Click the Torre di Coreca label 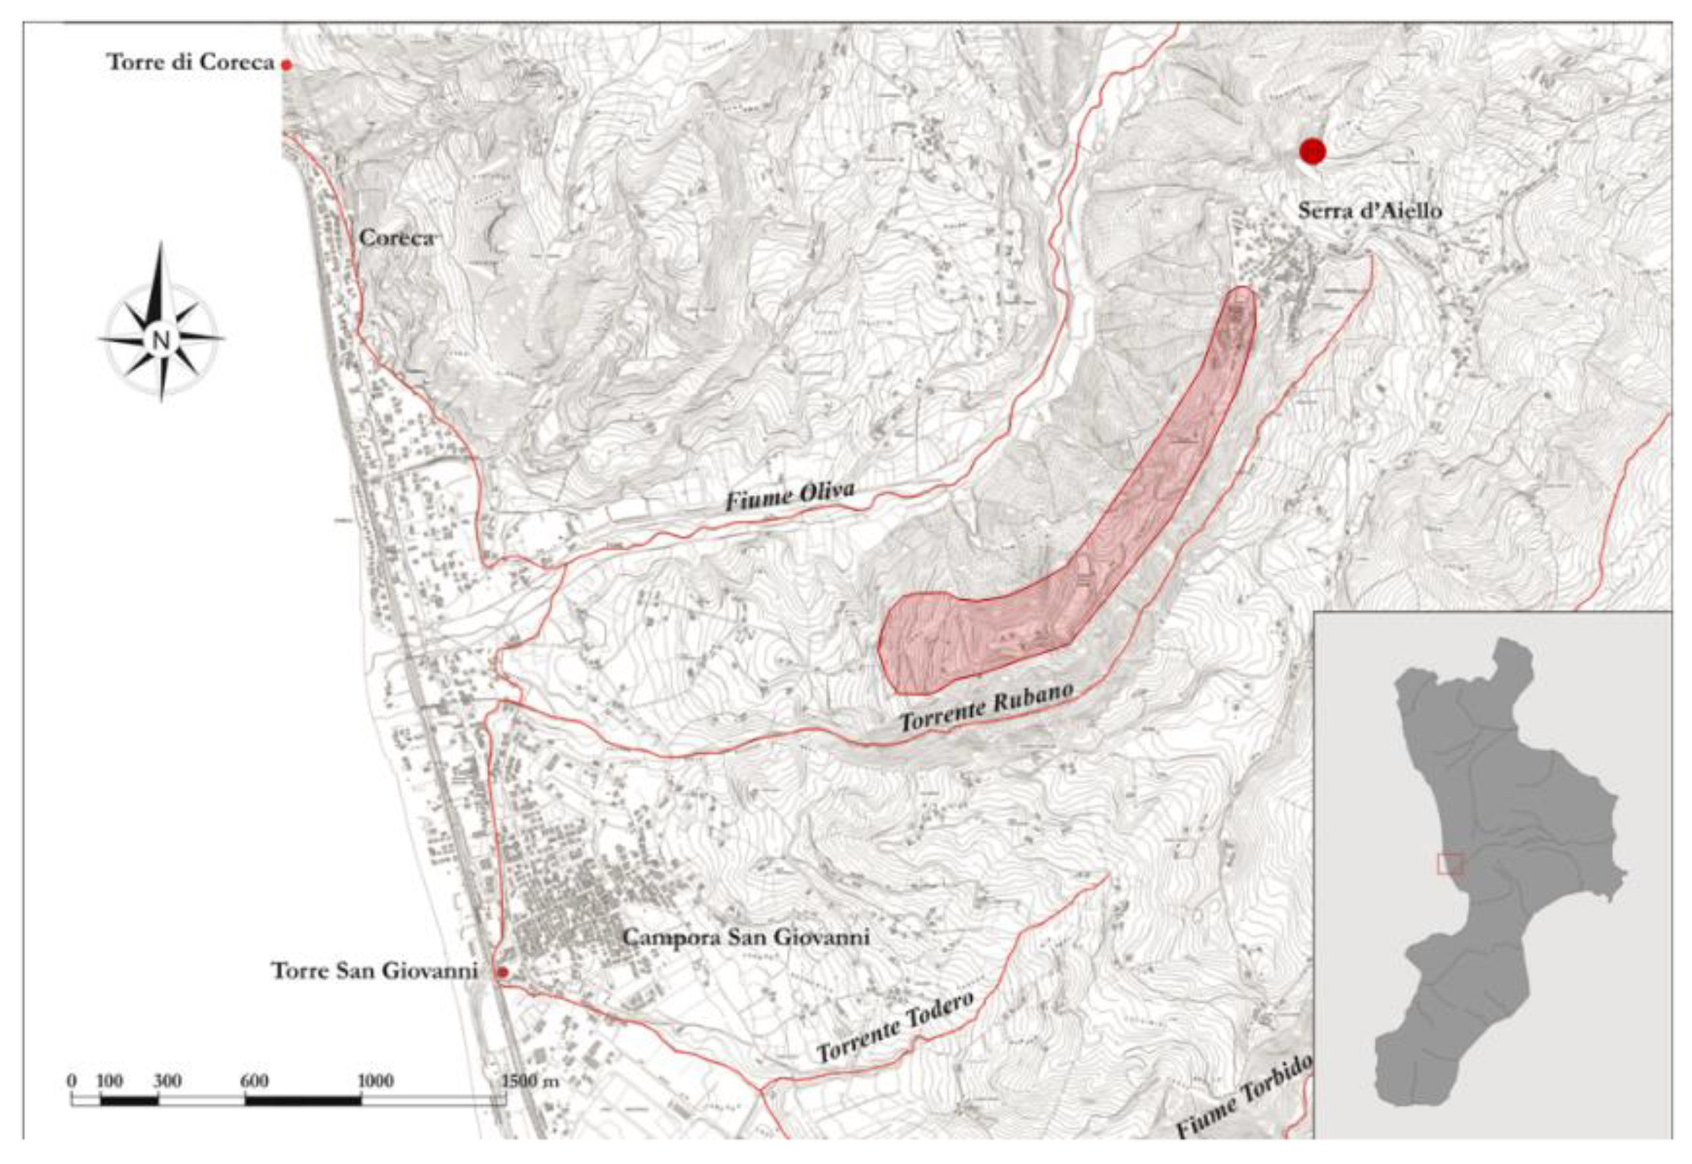190,63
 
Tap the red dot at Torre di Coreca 286,65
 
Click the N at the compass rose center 161,340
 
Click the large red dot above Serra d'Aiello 1312,151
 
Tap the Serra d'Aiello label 1369,211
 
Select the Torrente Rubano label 986,708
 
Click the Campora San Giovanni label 745,936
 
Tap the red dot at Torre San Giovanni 502,972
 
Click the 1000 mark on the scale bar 375,1081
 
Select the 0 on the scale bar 72,1081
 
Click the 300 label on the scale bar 167,1081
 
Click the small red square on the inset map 1450,864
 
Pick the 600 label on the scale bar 254,1081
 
